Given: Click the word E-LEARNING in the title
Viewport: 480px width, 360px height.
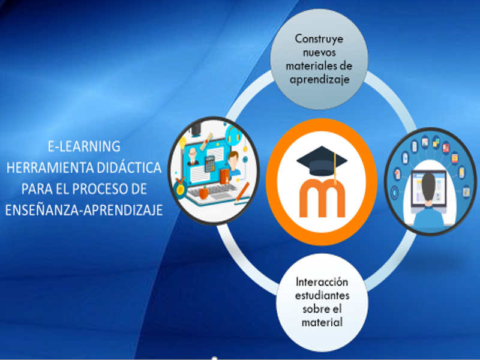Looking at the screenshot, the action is pos(84,146).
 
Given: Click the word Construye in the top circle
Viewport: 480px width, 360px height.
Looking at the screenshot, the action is pos(319,39).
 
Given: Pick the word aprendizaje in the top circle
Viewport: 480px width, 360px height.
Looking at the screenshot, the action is pos(320,79).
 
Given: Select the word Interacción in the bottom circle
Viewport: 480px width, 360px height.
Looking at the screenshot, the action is pos(322,281).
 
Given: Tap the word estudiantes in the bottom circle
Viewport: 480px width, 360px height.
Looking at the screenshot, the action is pos(322,295).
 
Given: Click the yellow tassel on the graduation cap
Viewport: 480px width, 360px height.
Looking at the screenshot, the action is pos(335,169).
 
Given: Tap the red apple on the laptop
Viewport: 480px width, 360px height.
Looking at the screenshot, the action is pos(203,193).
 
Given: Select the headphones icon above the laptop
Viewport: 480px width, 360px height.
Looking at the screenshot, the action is pos(233,134).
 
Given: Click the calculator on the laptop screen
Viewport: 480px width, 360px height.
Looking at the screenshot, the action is pos(209,164).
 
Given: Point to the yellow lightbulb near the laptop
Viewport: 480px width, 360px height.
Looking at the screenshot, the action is pos(182,142).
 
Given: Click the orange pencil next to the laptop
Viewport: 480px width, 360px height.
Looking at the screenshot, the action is pos(242,192).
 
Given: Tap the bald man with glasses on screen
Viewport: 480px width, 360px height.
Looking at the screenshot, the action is pos(193,157).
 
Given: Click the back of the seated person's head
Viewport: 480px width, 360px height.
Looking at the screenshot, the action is pos(428,186).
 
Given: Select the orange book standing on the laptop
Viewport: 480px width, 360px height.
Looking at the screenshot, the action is pos(224,176).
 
